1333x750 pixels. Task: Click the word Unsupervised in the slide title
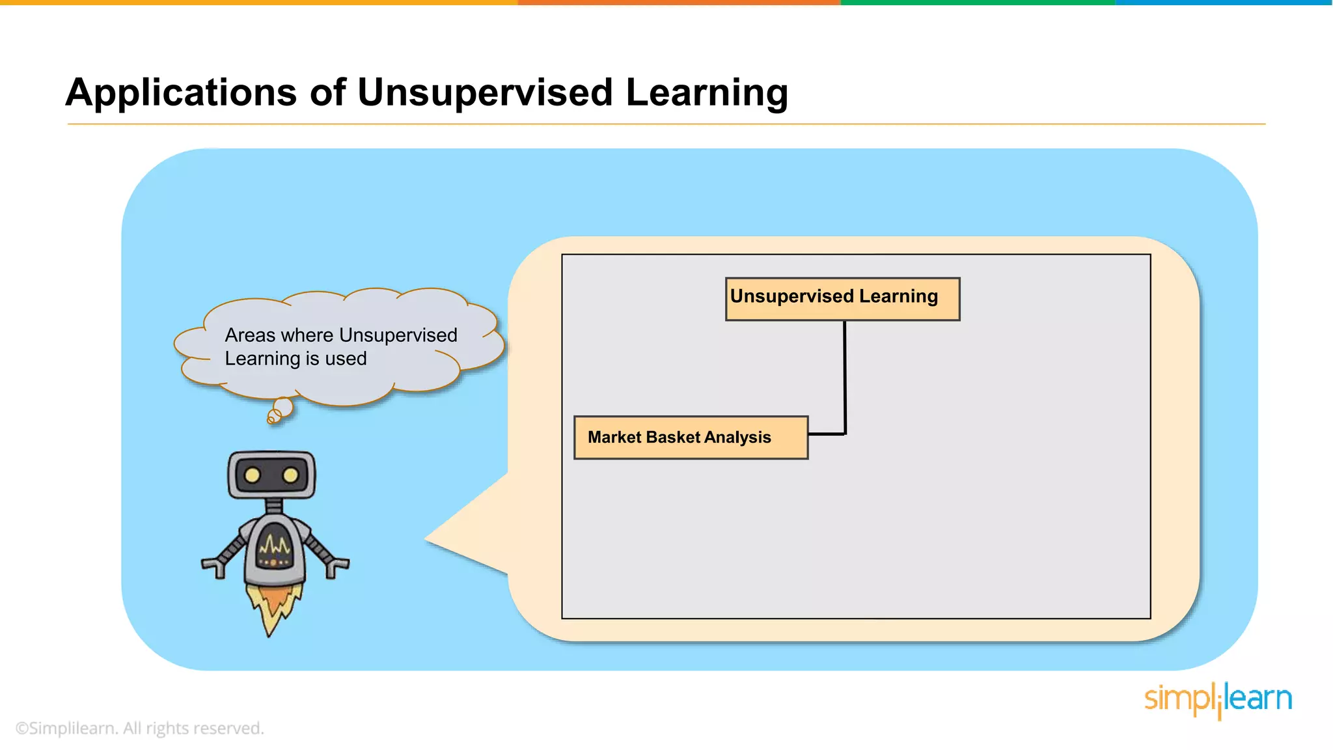(x=485, y=92)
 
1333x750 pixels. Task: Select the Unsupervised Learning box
(x=842, y=299)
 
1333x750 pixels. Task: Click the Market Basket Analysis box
(x=691, y=437)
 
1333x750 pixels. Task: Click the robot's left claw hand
(x=213, y=567)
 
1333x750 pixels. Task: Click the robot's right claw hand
(x=337, y=567)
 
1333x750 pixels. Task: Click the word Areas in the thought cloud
(x=251, y=335)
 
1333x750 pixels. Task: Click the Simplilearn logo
(x=1217, y=699)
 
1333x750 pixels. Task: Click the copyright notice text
(x=139, y=728)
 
